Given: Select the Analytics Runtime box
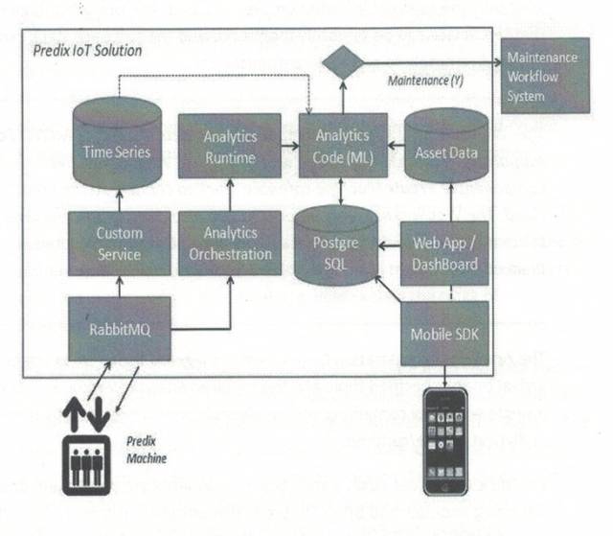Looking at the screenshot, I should tap(230, 145).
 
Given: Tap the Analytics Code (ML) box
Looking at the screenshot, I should tap(342, 145).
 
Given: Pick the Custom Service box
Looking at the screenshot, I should tap(119, 244).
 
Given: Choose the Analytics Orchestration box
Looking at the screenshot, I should tap(230, 244).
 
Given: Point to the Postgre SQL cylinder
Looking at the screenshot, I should tap(334, 244).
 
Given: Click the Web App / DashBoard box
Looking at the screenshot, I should tap(443, 251).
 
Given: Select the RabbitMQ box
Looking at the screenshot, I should tap(118, 328).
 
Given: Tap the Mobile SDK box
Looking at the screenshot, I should tap(443, 334).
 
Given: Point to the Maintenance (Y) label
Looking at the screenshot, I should tap(428, 82).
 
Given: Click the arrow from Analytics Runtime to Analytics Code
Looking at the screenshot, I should tap(289, 146).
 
